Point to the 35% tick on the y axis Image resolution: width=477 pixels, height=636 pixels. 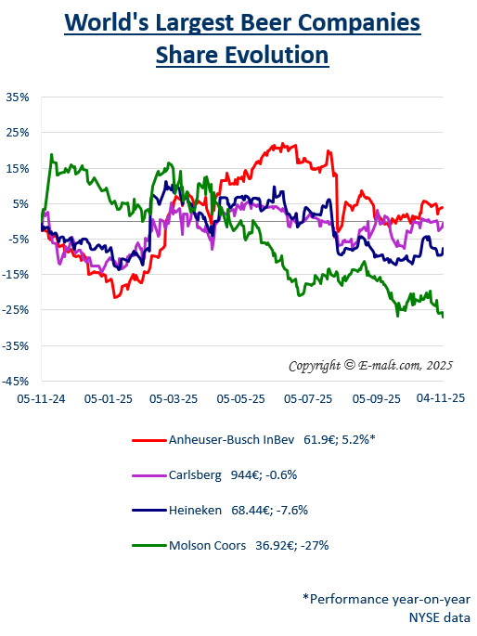pos(18,97)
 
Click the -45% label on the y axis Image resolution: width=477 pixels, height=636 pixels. pos(16,381)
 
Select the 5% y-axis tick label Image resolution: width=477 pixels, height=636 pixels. pos(19,203)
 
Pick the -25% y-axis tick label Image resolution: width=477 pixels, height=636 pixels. pos(16,310)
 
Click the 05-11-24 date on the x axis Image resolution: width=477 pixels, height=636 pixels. pos(40,397)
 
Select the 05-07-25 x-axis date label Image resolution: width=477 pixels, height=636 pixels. pos(308,397)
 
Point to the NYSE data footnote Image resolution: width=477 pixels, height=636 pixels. pos(441,617)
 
